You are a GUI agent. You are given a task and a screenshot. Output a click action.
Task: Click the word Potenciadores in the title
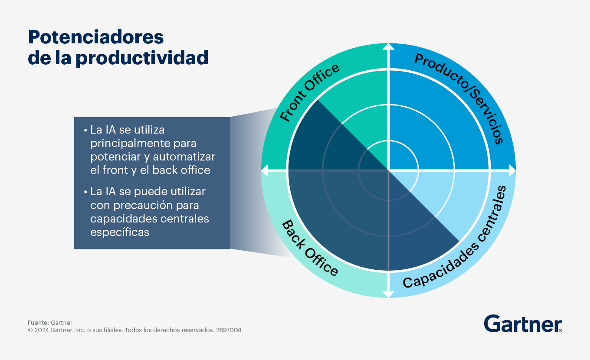click(96, 38)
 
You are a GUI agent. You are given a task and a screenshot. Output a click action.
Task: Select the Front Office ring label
click(309, 93)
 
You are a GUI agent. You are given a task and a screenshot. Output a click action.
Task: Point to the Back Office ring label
click(310, 248)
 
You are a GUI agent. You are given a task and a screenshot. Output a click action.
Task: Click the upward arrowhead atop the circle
click(389, 46)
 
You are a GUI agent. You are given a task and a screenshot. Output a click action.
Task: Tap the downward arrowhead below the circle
click(389, 295)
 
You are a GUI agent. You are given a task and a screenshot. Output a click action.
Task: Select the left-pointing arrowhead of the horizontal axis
click(264, 171)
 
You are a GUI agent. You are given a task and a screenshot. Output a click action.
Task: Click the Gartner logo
click(523, 324)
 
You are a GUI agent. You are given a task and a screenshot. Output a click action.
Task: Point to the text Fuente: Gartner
click(50, 323)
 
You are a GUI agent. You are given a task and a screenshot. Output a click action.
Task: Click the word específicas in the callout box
click(120, 232)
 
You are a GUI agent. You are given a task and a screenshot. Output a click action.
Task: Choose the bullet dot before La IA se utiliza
click(85, 130)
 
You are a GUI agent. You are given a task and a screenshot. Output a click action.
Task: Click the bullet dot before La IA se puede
click(85, 191)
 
